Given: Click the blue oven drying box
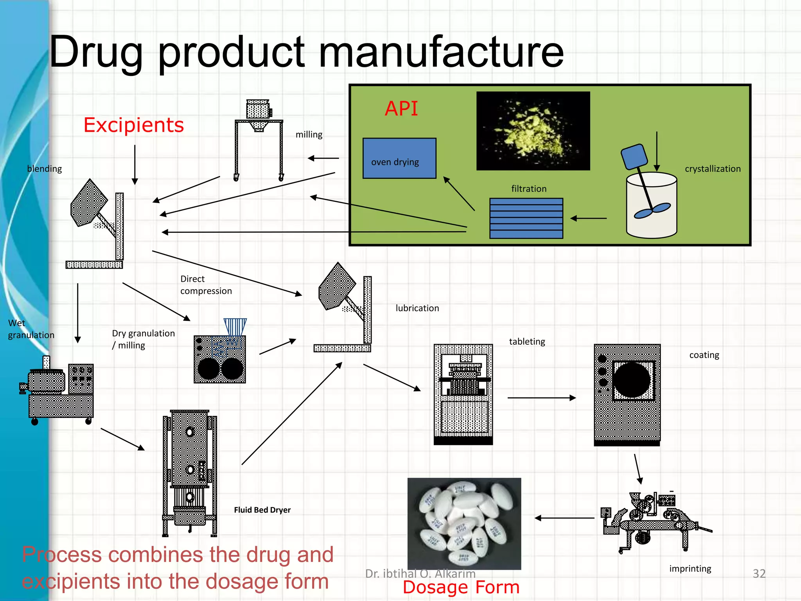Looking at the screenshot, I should click(399, 158).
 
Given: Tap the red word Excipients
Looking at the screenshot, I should click(134, 125).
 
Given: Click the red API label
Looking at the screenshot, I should click(401, 108).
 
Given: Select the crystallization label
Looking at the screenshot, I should click(713, 169).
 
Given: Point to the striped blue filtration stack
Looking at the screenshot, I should click(526, 218).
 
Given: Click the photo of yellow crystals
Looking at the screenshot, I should click(533, 131).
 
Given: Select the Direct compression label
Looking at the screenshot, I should click(206, 285).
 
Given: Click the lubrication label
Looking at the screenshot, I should click(417, 308).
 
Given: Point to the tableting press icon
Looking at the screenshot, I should click(463, 394).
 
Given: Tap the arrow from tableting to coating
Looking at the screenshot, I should click(541, 398).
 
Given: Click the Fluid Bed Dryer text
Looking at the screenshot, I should click(262, 510).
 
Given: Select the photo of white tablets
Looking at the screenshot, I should click(464, 523).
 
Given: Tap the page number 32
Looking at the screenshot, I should click(759, 574).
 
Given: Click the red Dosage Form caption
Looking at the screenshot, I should click(461, 587).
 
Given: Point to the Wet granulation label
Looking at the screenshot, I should click(31, 329).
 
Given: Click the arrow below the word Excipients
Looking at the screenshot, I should click(135, 164).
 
